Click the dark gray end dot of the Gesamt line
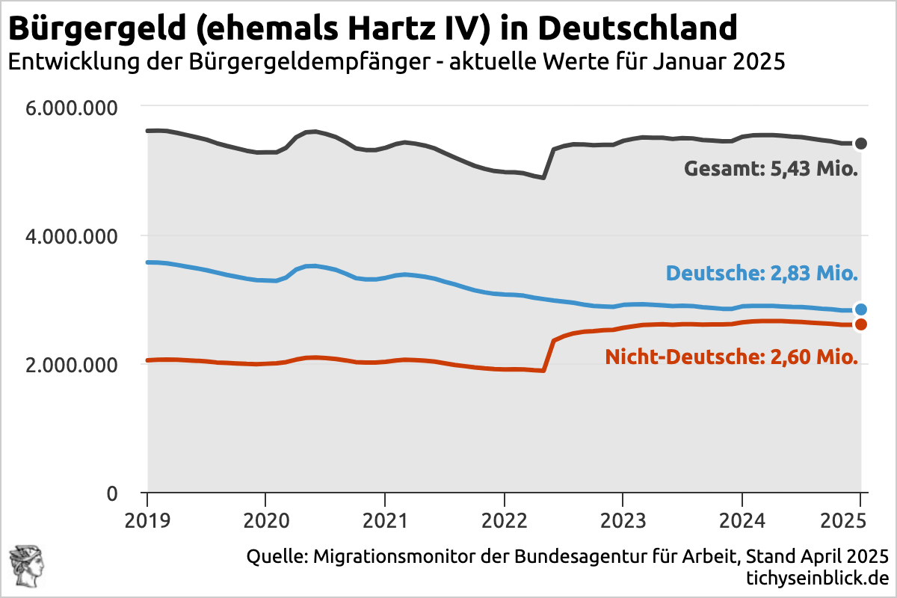861,144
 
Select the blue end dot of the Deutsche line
861,309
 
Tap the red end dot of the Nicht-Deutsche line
861,324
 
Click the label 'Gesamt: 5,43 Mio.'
771,169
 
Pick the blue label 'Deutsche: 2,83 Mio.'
761,274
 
